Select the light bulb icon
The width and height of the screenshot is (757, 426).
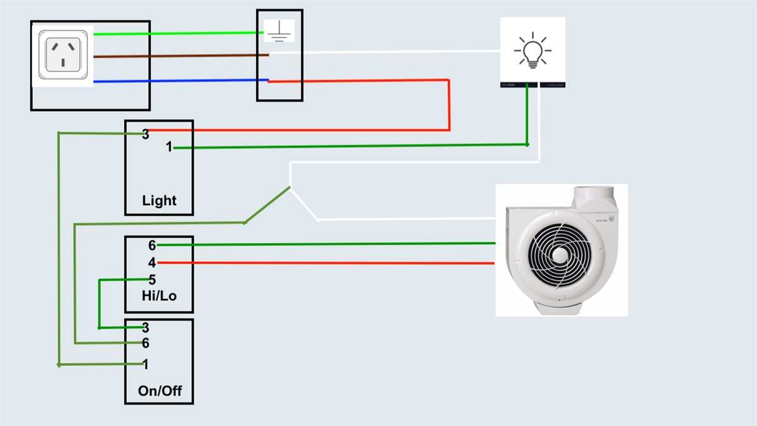[x=532, y=50]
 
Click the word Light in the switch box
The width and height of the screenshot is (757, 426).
[x=159, y=201]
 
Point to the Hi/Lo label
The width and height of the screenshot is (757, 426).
[x=159, y=295]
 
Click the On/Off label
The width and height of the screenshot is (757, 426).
[x=159, y=391]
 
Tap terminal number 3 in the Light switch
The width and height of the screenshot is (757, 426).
[x=146, y=134]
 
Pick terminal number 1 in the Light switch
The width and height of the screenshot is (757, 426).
[x=169, y=147]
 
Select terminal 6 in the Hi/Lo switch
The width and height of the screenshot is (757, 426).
[x=152, y=246]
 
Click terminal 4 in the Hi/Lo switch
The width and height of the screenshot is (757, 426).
[x=152, y=261]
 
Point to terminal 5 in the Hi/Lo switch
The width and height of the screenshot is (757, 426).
[x=152, y=280]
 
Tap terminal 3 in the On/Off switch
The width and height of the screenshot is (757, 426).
[x=146, y=328]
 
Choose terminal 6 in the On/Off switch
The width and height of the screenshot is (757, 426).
[x=146, y=343]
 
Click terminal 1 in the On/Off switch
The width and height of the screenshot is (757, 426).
[x=146, y=364]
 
